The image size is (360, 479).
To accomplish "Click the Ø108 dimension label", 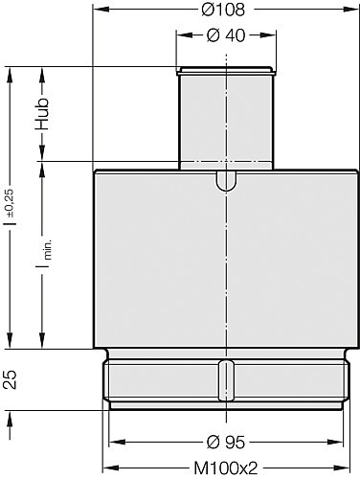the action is (x=223, y=10).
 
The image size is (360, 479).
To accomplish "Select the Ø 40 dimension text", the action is (x=226, y=34).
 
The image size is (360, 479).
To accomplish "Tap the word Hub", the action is (x=42, y=114).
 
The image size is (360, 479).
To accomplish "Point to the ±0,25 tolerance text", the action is (x=10, y=202).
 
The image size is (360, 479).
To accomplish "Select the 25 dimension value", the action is (x=10, y=379).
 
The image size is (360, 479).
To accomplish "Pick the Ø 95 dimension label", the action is (x=226, y=443).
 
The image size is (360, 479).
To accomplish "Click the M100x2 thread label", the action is (x=226, y=468).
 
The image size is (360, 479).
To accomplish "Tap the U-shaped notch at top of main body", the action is (x=226, y=181).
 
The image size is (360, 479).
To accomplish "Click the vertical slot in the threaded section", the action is (x=226, y=380).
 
